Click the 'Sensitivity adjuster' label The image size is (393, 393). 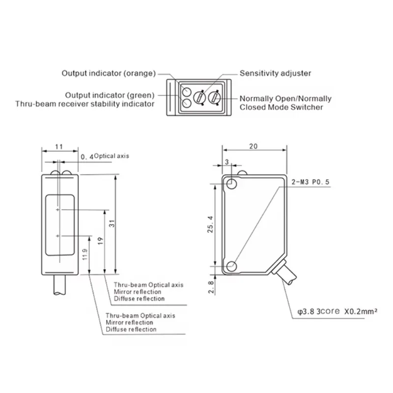pos(275,73)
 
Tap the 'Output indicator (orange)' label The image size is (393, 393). pos(109,73)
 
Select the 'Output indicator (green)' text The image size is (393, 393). pos(110,95)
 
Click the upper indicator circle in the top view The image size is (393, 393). pos(187,92)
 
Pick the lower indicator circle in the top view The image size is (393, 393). pos(187,103)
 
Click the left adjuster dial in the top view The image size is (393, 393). pos(200,97)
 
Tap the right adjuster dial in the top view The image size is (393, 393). pos(215,97)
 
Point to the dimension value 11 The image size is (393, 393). pos(59,146)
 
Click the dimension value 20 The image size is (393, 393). pos(253,146)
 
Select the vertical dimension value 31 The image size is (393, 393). pos(112,224)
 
